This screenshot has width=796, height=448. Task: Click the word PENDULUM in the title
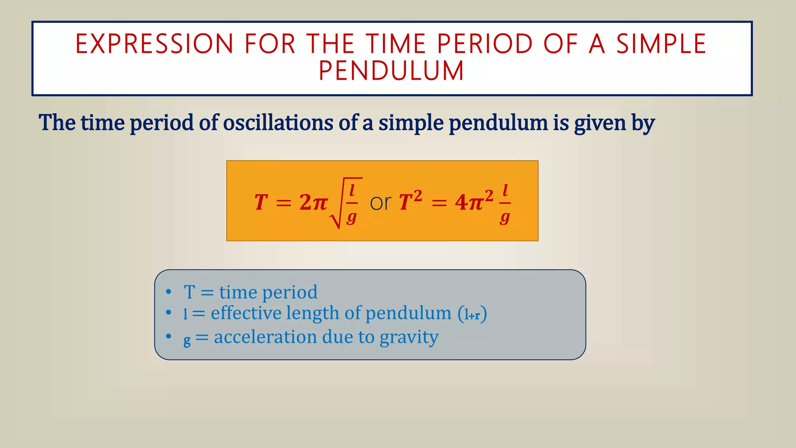tap(391, 71)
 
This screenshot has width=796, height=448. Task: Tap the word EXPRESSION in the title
tap(154, 44)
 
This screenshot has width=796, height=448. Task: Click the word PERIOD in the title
tap(485, 44)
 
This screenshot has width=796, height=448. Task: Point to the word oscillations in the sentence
tap(278, 123)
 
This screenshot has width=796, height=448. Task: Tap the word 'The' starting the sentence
tap(57, 123)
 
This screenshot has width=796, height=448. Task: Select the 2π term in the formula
tap(313, 203)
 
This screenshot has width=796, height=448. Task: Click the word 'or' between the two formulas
tap(380, 203)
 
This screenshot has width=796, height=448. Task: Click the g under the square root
tap(351, 217)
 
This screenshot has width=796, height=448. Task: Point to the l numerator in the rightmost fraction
tap(505, 191)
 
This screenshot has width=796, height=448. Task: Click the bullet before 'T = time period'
tap(168, 292)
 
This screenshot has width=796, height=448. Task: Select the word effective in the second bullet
tap(246, 313)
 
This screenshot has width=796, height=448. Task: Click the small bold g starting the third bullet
tap(187, 341)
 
